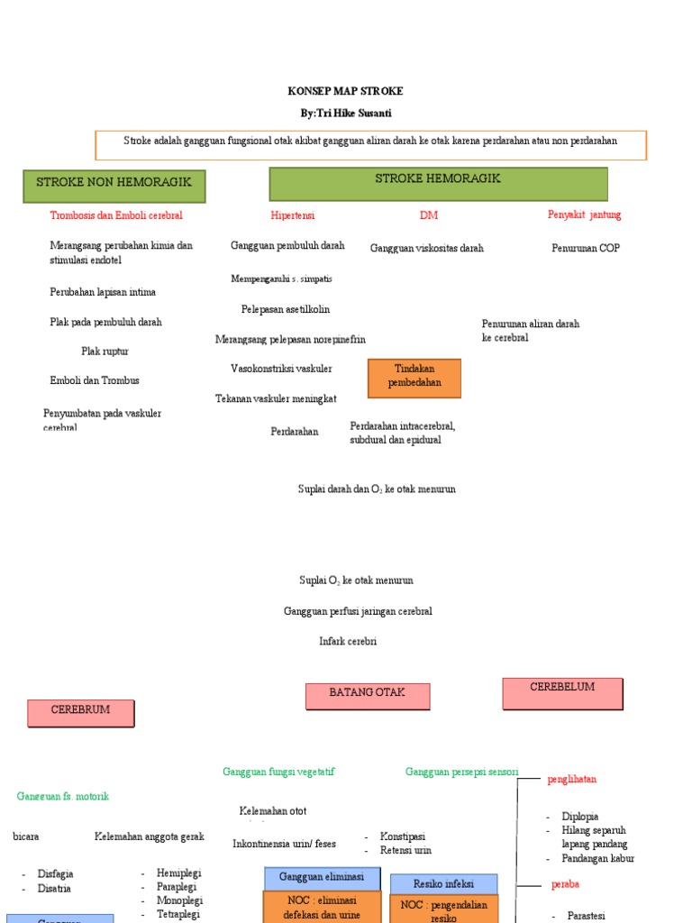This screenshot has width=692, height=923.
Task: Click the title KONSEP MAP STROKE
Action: [x=345, y=91]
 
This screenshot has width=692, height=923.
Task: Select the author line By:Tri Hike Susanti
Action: [x=346, y=113]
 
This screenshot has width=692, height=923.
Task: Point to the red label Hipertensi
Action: [x=293, y=215]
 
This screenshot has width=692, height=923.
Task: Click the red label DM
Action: [x=428, y=215]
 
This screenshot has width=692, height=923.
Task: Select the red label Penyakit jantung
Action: [x=584, y=215]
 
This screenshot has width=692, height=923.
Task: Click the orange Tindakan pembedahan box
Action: [x=414, y=378]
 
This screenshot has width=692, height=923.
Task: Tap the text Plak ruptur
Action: [x=105, y=352]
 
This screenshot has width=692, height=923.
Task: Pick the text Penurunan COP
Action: [x=586, y=248]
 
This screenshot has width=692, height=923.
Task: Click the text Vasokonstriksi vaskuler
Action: [x=281, y=369]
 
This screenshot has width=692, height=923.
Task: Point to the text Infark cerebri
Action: [x=348, y=642]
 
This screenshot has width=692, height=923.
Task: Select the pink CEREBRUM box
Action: [x=81, y=713]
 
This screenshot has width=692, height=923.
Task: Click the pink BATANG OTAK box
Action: [x=368, y=696]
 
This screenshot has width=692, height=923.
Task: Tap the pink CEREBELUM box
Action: [x=562, y=692]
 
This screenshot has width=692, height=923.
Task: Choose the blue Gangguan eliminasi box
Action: [x=322, y=878]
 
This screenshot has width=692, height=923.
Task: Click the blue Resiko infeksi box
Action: [x=443, y=883]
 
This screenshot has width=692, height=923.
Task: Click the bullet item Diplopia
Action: [x=580, y=817]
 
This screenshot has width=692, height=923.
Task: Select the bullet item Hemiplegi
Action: [x=178, y=873]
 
